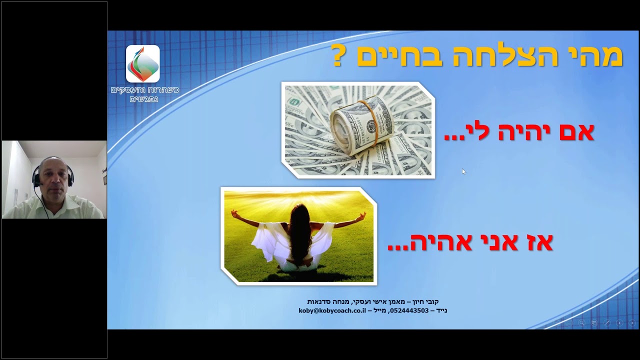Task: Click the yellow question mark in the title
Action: [x=337, y=56]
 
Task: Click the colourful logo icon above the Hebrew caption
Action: [x=143, y=63]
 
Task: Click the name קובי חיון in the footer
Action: [x=425, y=301]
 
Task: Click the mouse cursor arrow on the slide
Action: [x=463, y=171]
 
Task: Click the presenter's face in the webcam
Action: [x=54, y=178]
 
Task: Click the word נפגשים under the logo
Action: [x=144, y=99]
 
